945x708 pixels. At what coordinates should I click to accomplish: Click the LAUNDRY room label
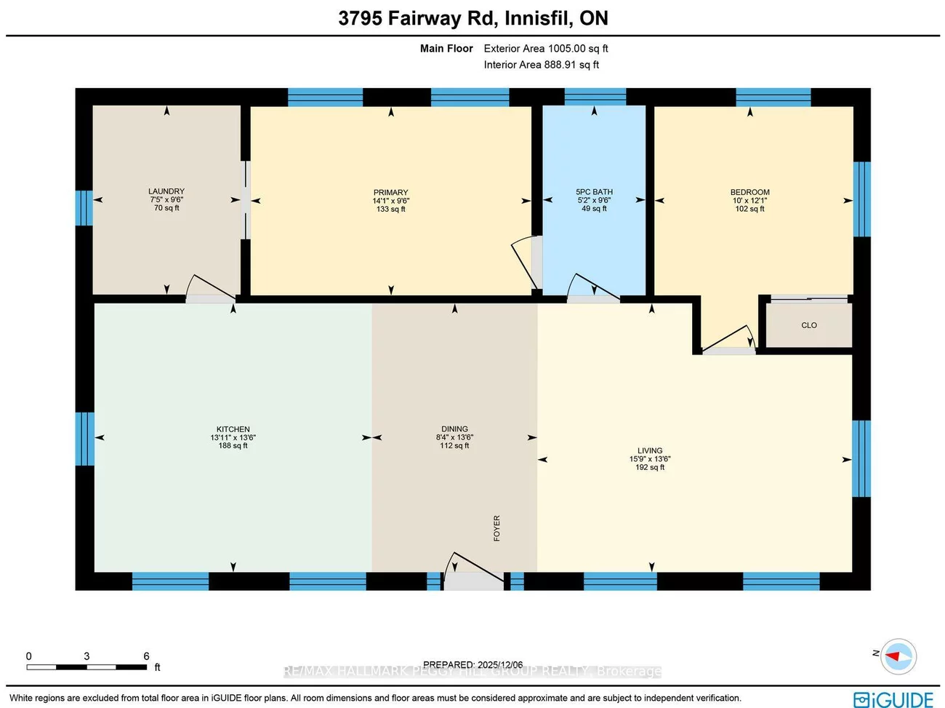coord(166,191)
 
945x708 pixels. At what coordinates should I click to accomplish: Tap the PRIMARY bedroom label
coord(391,193)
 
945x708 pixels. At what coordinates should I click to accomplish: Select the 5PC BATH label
coord(594,192)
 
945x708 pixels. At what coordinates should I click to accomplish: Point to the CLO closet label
coord(809,325)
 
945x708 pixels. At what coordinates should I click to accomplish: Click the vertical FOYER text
coord(497,528)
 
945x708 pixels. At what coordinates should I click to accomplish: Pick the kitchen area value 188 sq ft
coord(233,446)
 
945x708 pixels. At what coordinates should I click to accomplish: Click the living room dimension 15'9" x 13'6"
coord(650,459)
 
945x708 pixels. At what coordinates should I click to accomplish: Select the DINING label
coord(454,429)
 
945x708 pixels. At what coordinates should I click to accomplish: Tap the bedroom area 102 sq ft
coord(749,209)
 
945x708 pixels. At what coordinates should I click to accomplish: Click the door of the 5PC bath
coord(592,288)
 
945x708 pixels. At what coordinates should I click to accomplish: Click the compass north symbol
coord(898,656)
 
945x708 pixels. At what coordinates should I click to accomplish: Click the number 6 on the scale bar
coord(146,656)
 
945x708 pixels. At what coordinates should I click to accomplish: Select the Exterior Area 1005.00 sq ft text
coord(546,49)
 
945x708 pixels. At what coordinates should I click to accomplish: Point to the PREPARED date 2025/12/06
coord(500,664)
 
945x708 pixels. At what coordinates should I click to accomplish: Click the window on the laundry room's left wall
coord(84,208)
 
